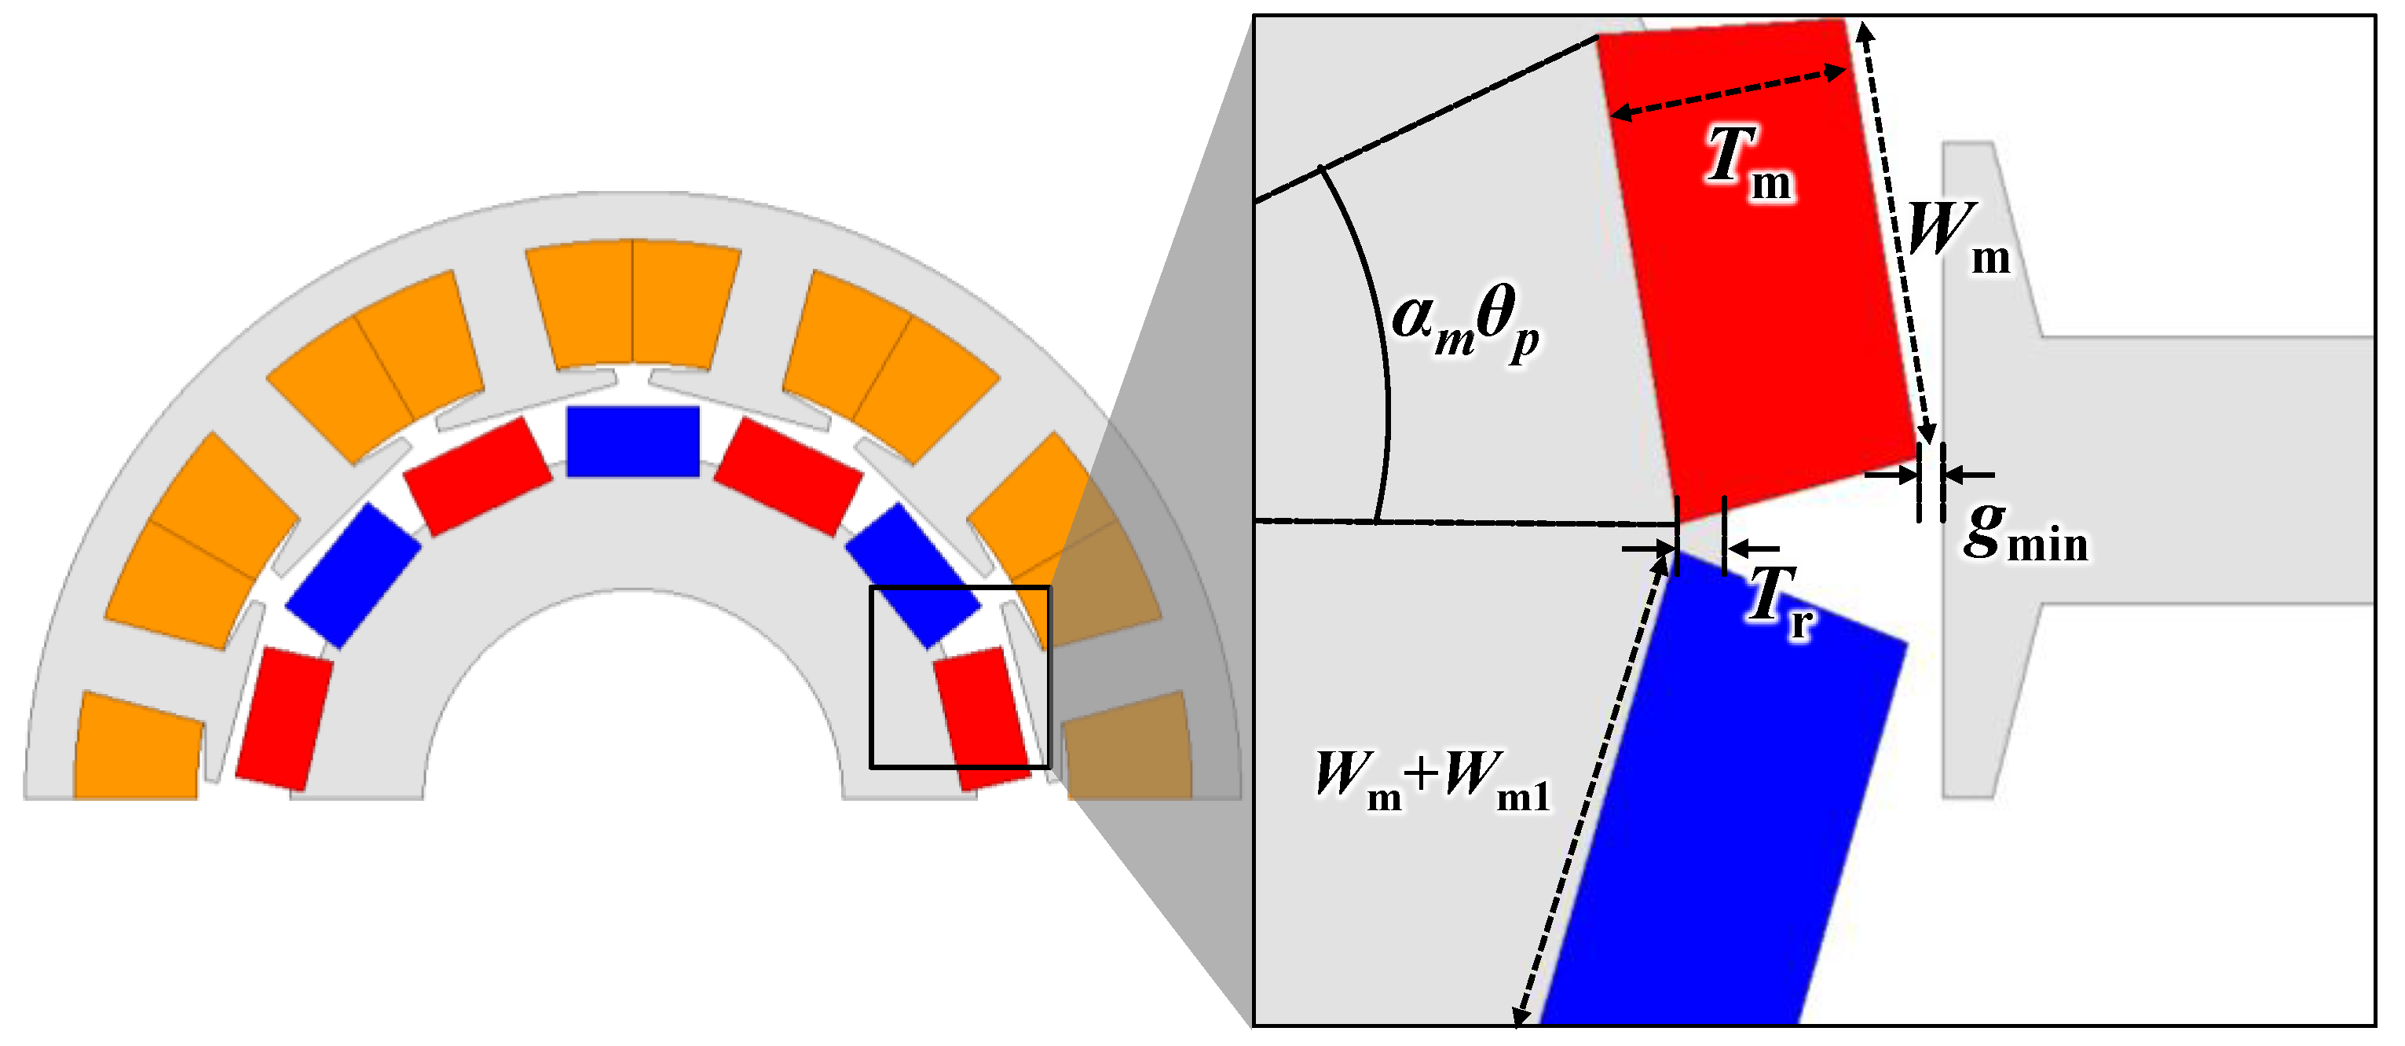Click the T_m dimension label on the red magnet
click(x=1748, y=165)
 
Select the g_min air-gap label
click(x=2023, y=537)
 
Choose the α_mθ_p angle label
click(x=1465, y=322)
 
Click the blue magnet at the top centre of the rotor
click(x=633, y=442)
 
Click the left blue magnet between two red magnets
click(x=353, y=575)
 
